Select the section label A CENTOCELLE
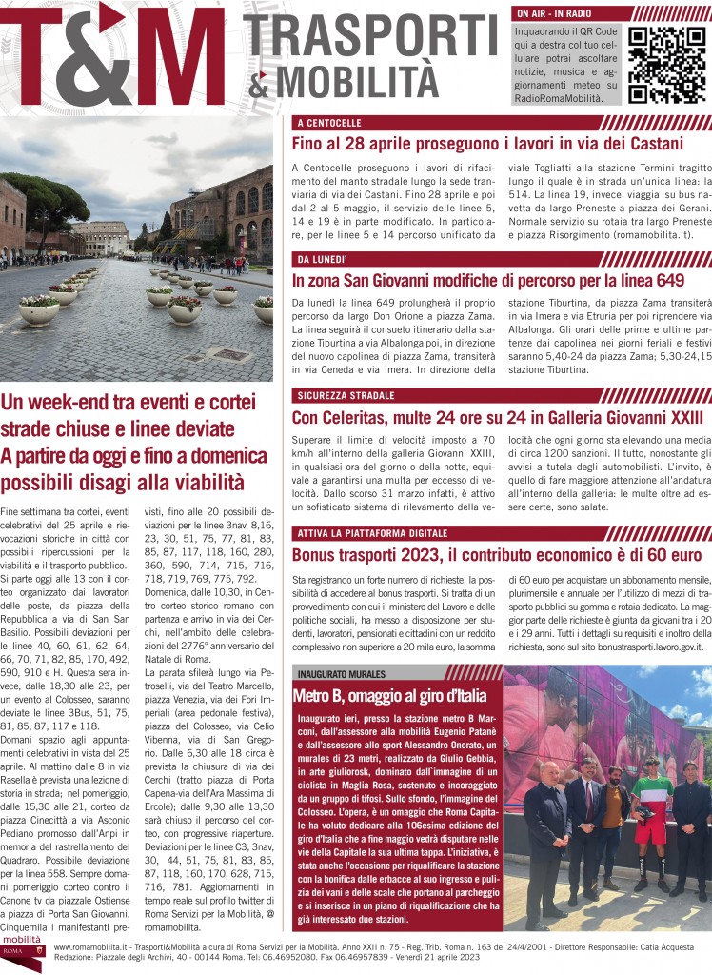click(x=328, y=124)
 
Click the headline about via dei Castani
click(x=487, y=145)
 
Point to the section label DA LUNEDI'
click(x=324, y=259)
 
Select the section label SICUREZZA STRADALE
click(x=345, y=395)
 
